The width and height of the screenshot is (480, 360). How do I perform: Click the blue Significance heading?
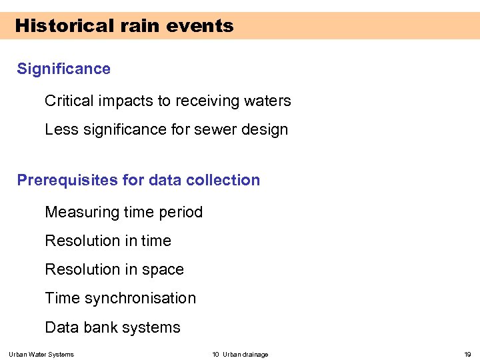[x=63, y=69]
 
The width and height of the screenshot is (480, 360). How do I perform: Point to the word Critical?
[x=69, y=101]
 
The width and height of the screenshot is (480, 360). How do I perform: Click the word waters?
[x=269, y=101]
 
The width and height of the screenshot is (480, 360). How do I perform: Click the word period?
[x=181, y=213]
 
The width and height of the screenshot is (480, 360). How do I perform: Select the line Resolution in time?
[x=108, y=241]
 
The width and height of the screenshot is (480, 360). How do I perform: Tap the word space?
[x=163, y=270]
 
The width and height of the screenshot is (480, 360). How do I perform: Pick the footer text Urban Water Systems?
[x=41, y=355]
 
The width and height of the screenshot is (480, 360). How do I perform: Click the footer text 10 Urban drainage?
[x=240, y=355]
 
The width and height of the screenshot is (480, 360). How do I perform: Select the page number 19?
[x=467, y=355]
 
